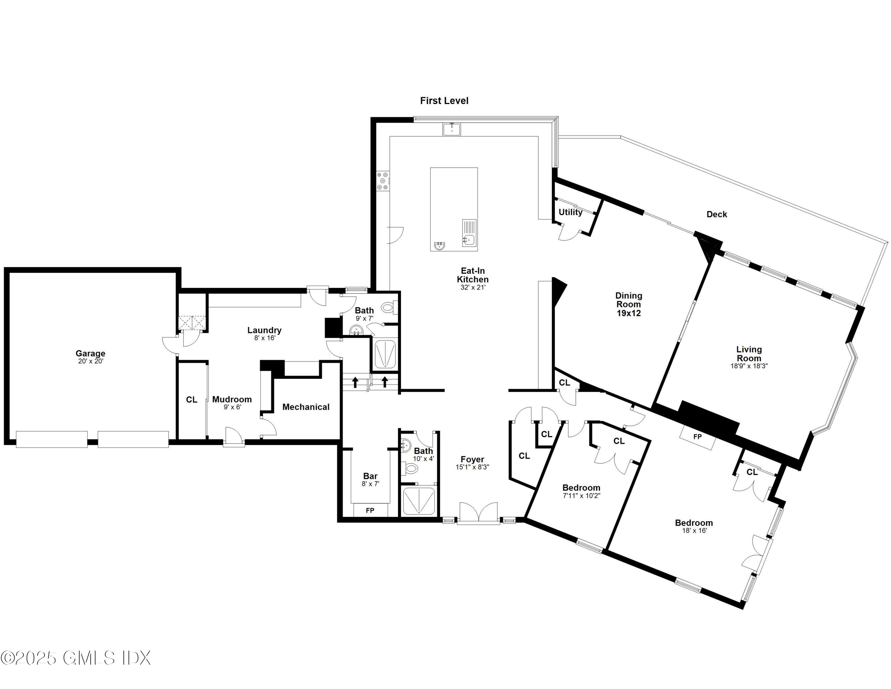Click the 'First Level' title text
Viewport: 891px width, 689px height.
pos(444,101)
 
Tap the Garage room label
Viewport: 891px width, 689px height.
pos(90,353)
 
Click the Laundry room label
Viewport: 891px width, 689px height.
pos(264,330)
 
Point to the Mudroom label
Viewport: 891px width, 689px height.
pos(232,399)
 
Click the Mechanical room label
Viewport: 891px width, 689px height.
pos(306,407)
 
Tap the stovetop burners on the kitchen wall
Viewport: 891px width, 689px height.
pos(383,181)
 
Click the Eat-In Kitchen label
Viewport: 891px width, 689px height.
pos(473,275)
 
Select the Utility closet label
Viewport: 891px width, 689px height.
pos(570,212)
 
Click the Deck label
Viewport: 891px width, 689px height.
pos(716,214)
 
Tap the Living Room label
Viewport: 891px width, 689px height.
pos(749,353)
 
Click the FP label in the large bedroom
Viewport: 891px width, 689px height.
pos(697,437)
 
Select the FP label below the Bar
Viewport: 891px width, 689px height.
pos(370,511)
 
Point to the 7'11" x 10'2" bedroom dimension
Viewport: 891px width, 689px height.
pos(581,496)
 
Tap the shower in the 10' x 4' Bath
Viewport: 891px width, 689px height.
pos(419,501)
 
